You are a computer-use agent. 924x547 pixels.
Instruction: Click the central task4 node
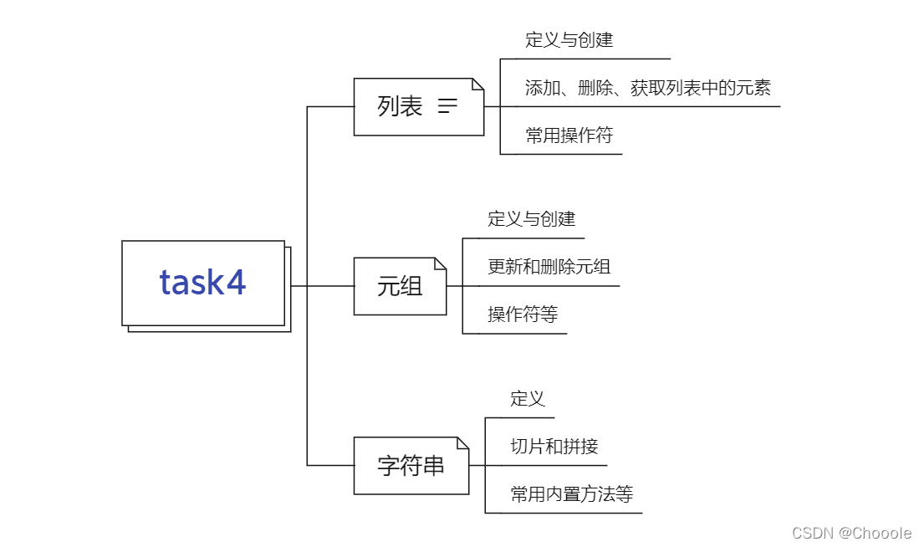pos(203,283)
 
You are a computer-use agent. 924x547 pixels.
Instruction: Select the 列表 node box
pos(418,106)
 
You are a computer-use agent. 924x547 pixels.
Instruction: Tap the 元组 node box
pos(400,286)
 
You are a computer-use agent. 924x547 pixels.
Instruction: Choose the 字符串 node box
pos(411,465)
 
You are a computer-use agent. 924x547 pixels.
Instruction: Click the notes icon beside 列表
pos(448,106)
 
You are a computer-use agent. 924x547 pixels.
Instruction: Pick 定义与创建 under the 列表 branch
pos(569,40)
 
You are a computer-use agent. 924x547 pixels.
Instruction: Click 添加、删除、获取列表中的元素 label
pos(648,88)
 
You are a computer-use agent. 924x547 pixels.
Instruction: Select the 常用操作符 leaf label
pos(569,135)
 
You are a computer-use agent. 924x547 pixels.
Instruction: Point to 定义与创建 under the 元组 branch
pos(532,219)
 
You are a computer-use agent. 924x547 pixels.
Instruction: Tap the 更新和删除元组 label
pos(549,267)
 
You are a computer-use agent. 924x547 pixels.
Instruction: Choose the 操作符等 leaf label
pos(523,314)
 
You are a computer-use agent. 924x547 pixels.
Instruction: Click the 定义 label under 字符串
pos(528,399)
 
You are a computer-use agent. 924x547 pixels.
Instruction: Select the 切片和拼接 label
pos(554,447)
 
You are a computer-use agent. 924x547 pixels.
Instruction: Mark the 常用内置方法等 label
pos(572,494)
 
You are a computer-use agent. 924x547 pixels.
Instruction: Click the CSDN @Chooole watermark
pos(851,533)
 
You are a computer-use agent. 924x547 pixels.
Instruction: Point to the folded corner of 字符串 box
pos(462,443)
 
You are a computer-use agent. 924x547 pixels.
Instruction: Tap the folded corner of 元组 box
pos(440,264)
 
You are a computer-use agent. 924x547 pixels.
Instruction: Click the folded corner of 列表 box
pos(477,84)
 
